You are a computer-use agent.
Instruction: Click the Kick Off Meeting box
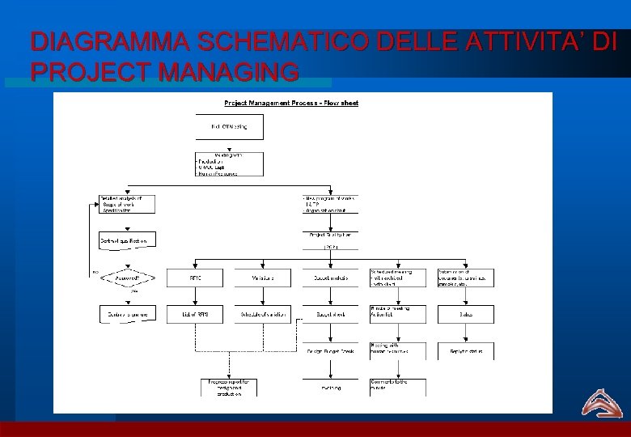click(x=229, y=126)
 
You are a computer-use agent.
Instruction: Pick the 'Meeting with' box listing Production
click(x=229, y=163)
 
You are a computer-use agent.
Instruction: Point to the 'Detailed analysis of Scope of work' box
click(x=126, y=204)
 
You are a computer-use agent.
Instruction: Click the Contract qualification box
click(x=126, y=240)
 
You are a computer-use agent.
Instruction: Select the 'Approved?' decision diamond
click(x=126, y=278)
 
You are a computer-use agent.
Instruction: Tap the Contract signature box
click(x=126, y=314)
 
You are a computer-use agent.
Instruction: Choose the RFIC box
click(x=195, y=278)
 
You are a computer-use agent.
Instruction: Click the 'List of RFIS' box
click(x=195, y=314)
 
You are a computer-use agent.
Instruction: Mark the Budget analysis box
click(x=330, y=278)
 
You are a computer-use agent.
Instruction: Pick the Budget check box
click(x=330, y=314)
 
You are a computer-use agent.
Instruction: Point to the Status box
click(x=466, y=314)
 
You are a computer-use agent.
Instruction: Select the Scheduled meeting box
click(x=397, y=278)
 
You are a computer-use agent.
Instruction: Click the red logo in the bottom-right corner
click(x=600, y=402)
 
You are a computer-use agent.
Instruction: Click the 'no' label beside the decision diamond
click(x=95, y=272)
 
